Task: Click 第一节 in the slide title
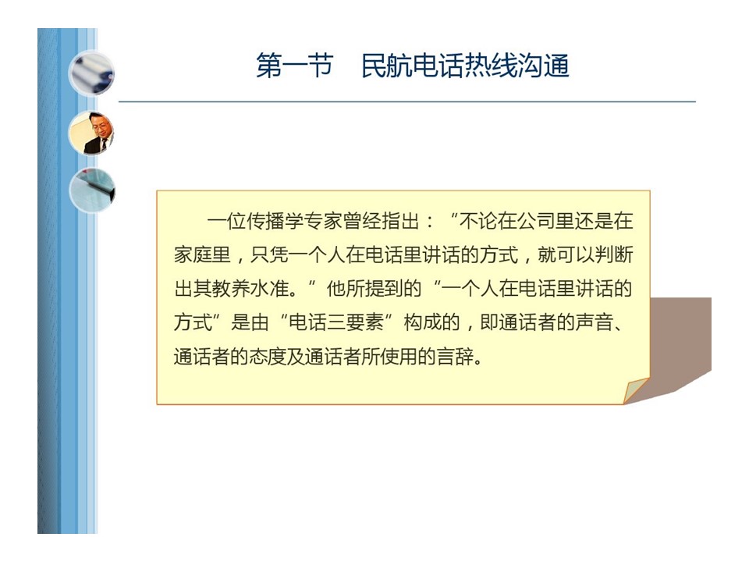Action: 294,66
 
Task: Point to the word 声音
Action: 594,322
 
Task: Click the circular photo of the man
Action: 91,133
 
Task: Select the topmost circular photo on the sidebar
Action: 91,73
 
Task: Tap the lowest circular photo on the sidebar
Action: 92,190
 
